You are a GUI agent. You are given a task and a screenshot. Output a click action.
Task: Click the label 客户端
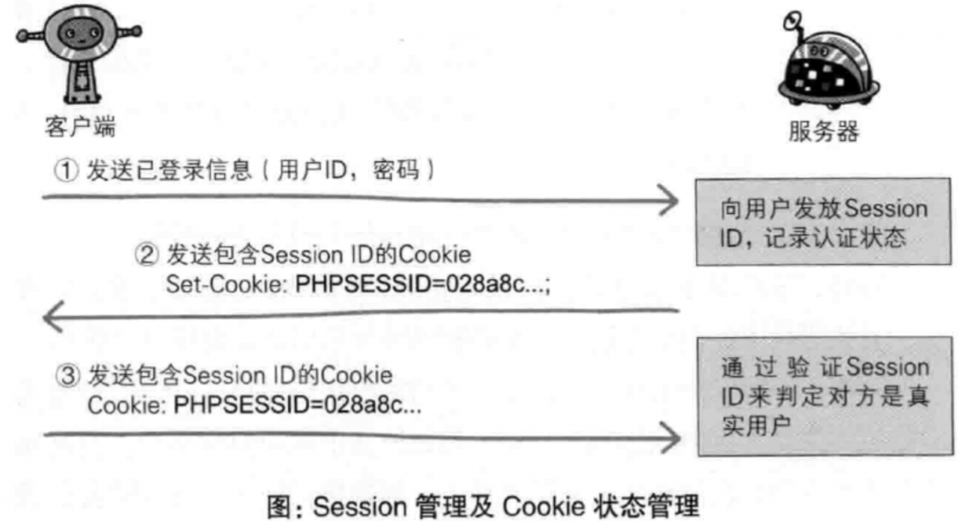click(79, 127)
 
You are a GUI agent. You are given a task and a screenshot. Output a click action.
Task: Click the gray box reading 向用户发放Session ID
click(824, 222)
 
